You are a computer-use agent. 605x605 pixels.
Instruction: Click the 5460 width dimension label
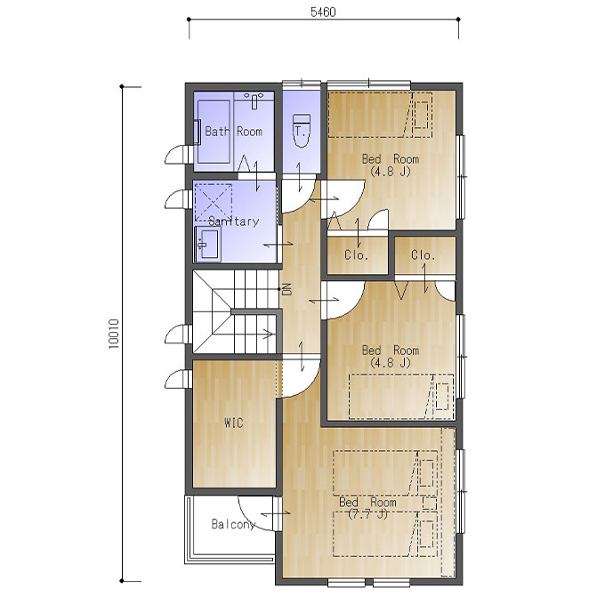point(323,12)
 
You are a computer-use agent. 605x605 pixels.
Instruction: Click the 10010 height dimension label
point(114,334)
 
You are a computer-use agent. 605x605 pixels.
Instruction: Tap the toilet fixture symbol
point(302,131)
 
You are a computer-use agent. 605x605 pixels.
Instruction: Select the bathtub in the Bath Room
point(214,132)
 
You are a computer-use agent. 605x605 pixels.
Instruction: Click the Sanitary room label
point(233,221)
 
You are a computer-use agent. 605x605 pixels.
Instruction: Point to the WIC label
point(234,423)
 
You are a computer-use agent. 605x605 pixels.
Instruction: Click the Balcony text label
point(233,524)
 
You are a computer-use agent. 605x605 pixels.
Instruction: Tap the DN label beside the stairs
point(287,289)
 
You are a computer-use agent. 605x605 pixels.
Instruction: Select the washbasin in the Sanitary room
point(208,244)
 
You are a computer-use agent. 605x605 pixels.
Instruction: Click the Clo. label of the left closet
point(356,255)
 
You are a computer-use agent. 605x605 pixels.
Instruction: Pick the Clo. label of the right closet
point(423,255)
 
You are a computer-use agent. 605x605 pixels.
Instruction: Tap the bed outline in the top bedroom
point(380,115)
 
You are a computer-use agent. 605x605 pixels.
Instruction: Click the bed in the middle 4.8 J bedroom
point(401,396)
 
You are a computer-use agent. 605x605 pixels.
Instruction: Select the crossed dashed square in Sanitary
point(214,202)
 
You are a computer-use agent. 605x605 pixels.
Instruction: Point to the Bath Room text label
point(233,132)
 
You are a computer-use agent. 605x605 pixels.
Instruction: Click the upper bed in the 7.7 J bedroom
point(385,473)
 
